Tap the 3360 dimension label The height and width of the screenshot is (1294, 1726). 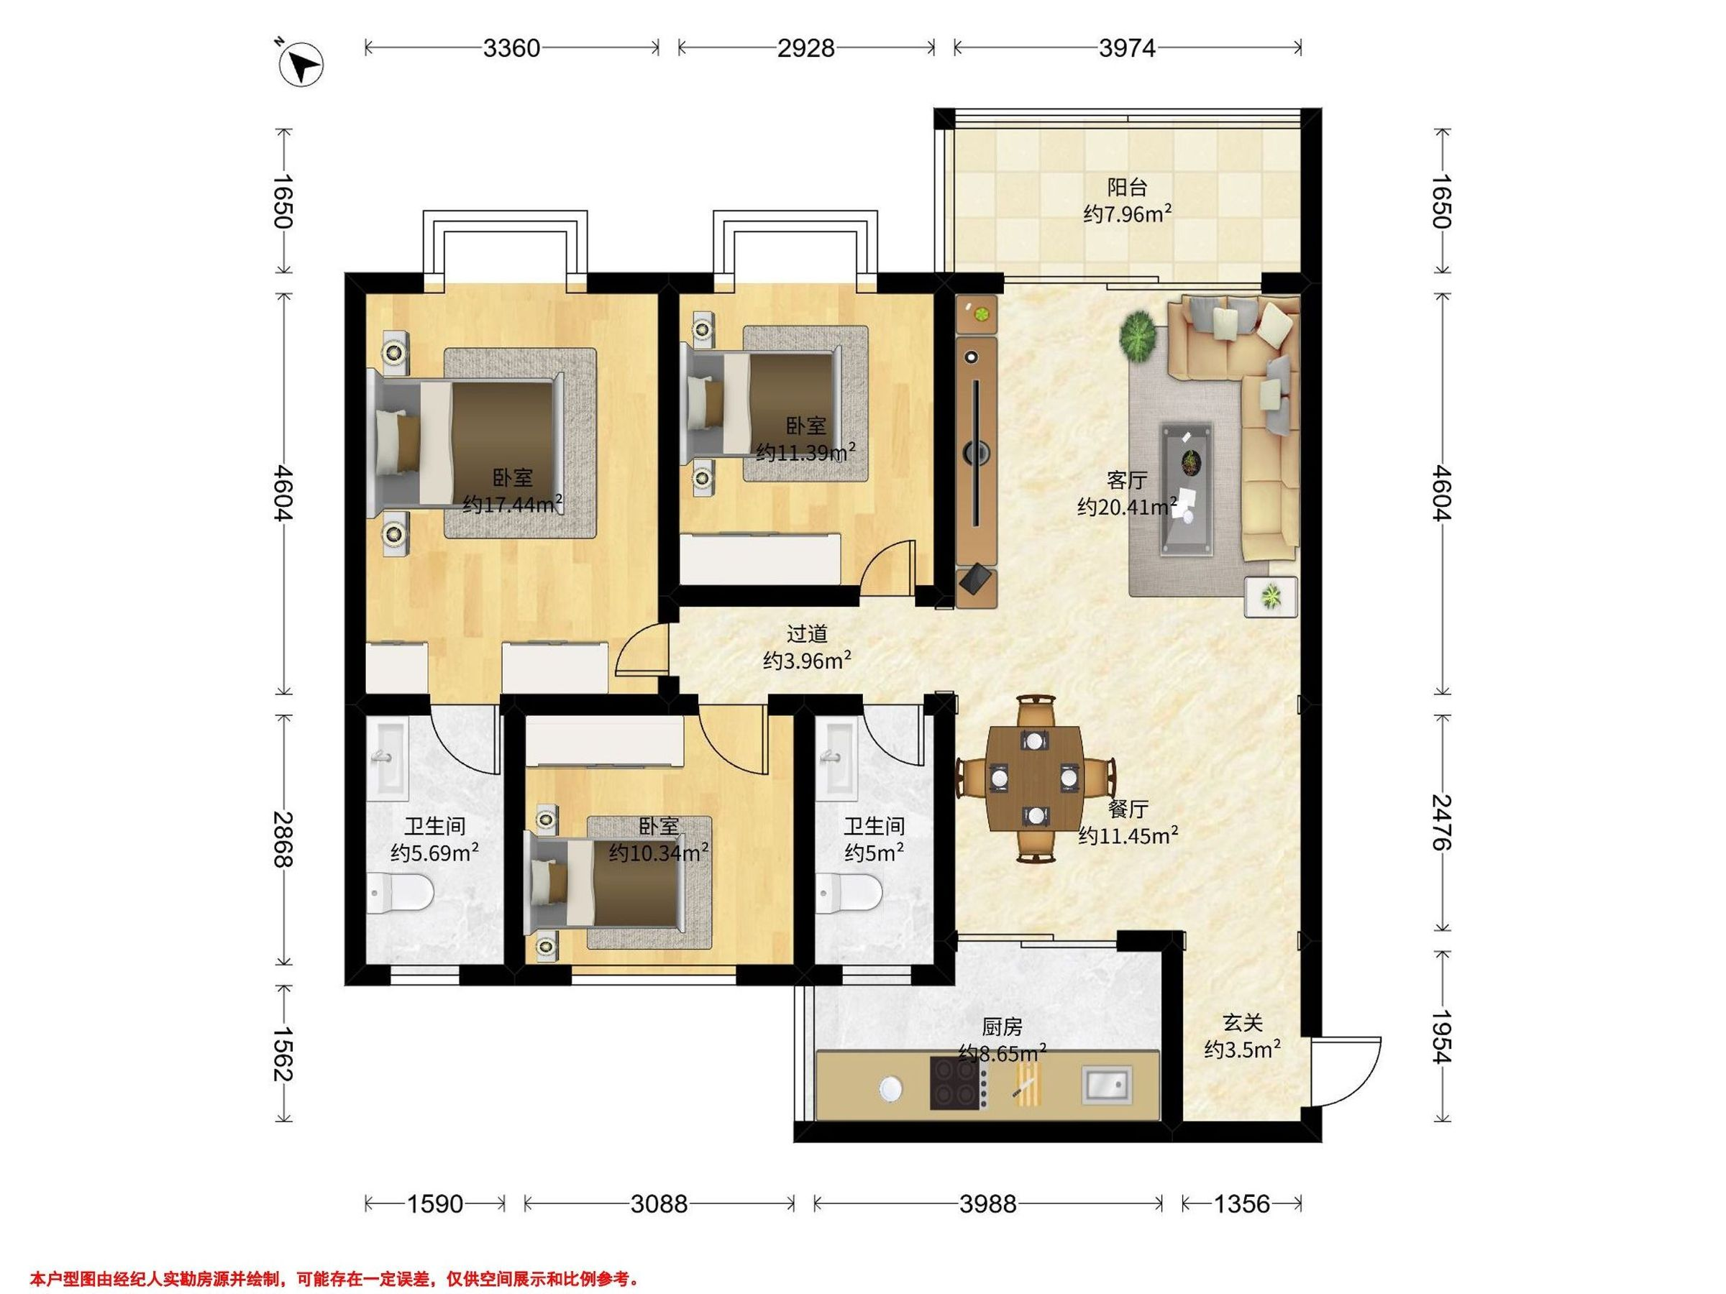pyautogui.click(x=511, y=48)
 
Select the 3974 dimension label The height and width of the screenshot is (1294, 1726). pyautogui.click(x=1127, y=48)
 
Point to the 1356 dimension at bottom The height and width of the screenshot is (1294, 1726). pyautogui.click(x=1242, y=1204)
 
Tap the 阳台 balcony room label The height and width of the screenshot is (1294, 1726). pyautogui.click(x=1128, y=187)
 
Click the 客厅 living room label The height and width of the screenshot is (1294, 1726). pyautogui.click(x=1127, y=479)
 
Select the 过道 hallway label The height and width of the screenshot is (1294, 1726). pyautogui.click(x=807, y=634)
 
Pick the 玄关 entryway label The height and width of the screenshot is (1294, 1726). pyautogui.click(x=1242, y=1022)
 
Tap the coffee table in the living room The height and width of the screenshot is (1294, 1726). pyautogui.click(x=1187, y=490)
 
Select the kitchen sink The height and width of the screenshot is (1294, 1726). pyautogui.click(x=1105, y=1085)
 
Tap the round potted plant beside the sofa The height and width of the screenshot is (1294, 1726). pyautogui.click(x=1138, y=336)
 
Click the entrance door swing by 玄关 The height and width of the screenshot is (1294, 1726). pyautogui.click(x=1346, y=1072)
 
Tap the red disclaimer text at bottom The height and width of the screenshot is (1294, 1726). pyautogui.click(x=334, y=1278)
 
